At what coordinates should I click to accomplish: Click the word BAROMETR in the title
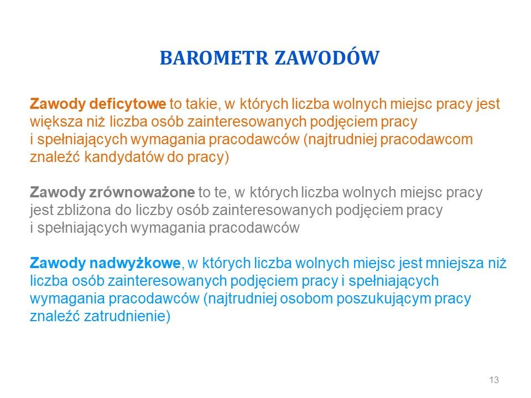pyautogui.click(x=214, y=58)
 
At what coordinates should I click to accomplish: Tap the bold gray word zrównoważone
pyautogui.click(x=142, y=192)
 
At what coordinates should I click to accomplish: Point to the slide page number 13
pyautogui.click(x=494, y=380)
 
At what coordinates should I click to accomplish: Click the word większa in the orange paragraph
pyautogui.click(x=56, y=122)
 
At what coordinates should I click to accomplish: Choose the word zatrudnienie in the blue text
pyautogui.click(x=127, y=316)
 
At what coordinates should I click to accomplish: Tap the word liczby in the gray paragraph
pyautogui.click(x=156, y=210)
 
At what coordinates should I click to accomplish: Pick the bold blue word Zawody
pyautogui.click(x=58, y=263)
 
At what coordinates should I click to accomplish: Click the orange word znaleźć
pyautogui.click(x=55, y=158)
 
